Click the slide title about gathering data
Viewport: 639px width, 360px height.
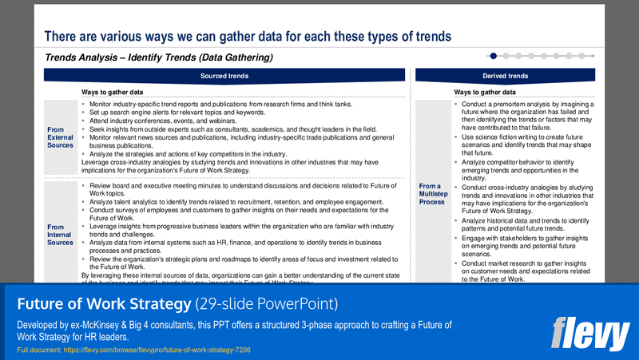point(248,36)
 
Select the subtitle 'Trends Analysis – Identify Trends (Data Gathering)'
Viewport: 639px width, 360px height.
point(160,57)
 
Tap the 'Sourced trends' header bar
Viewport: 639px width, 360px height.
point(224,76)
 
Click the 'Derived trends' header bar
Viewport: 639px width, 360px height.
point(505,76)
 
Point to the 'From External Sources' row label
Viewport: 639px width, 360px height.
point(61,136)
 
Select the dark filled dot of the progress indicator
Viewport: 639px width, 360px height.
point(494,56)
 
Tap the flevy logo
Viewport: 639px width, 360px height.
point(590,333)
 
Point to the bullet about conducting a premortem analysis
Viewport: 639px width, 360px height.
point(527,116)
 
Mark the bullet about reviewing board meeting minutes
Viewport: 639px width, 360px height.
point(240,189)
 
